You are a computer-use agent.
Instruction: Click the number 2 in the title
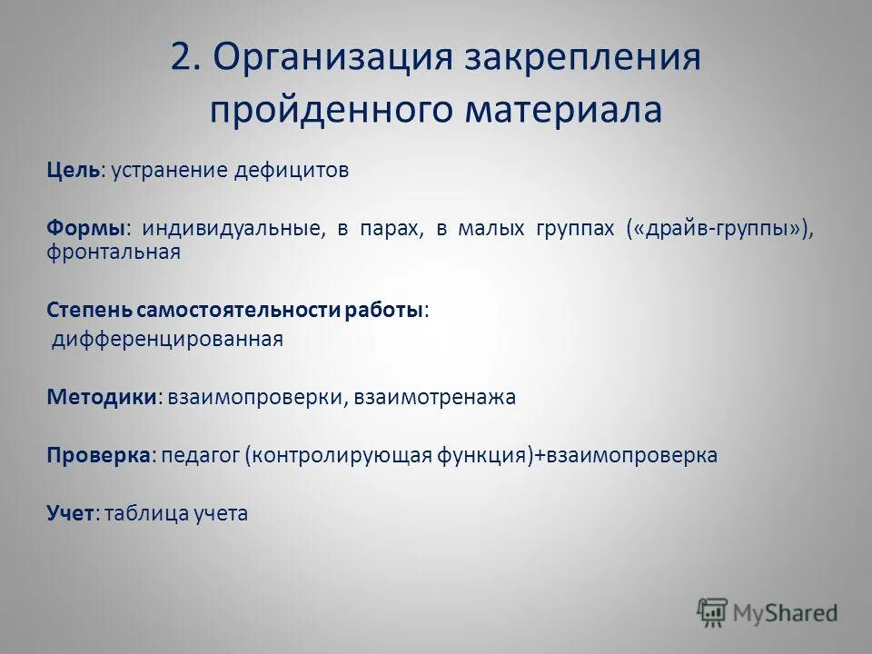click(x=182, y=58)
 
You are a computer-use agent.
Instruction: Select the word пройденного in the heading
click(x=332, y=111)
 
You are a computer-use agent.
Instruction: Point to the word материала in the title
click(x=564, y=111)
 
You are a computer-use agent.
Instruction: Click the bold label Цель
click(x=74, y=171)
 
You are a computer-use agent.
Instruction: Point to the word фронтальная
click(x=114, y=252)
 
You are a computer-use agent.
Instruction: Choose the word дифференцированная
click(x=168, y=340)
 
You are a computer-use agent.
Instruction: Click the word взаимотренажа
click(x=434, y=397)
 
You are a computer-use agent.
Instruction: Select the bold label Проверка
click(x=98, y=455)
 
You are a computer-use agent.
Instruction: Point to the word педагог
click(x=198, y=456)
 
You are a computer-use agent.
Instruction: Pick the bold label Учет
click(x=70, y=513)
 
